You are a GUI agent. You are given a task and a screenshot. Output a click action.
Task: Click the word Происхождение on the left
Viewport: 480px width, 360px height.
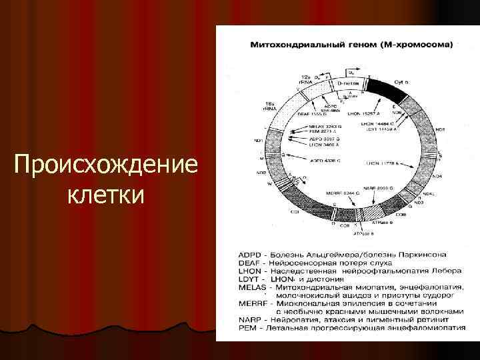[x=105, y=164]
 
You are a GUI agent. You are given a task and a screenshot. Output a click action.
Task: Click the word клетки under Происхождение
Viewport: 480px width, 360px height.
[x=105, y=195]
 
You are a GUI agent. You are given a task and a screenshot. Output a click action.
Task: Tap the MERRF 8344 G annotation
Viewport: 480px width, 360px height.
[x=343, y=193]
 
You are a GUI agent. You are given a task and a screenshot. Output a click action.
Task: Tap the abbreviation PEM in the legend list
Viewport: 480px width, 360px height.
[x=248, y=328]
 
